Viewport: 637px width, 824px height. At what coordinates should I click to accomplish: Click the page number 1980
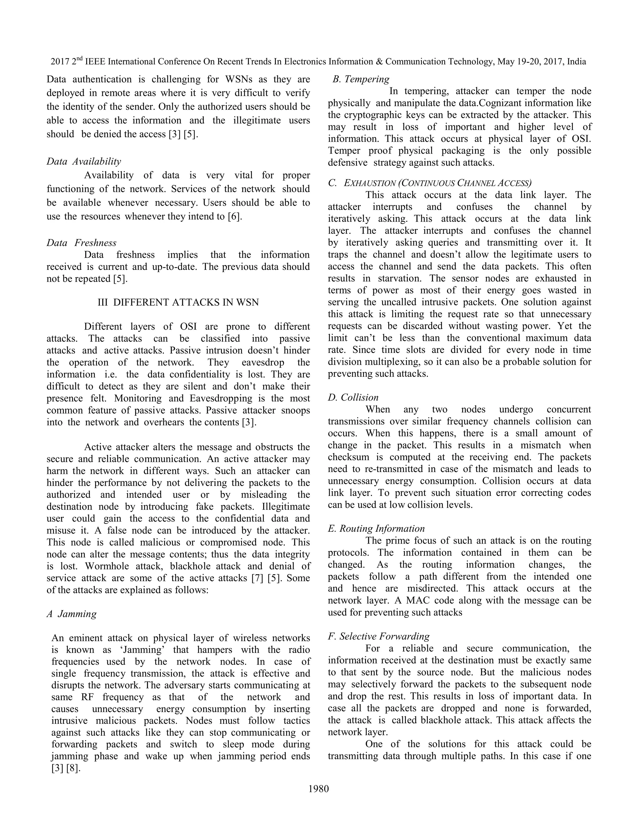[x=318, y=789]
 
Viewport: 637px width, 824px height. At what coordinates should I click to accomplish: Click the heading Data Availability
[x=84, y=161]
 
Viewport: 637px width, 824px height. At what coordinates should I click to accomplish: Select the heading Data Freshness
[x=81, y=243]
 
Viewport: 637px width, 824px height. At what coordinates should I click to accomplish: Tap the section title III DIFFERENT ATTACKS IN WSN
[x=178, y=302]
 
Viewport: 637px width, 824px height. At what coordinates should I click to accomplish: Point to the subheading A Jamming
[x=72, y=614]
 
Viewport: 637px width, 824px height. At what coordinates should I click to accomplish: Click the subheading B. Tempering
[x=361, y=79]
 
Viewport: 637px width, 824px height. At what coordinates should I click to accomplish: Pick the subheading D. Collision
[x=353, y=397]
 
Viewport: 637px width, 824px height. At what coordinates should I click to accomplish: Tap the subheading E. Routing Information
[x=376, y=529]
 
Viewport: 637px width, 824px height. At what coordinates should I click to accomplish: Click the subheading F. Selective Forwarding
[x=379, y=637]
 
